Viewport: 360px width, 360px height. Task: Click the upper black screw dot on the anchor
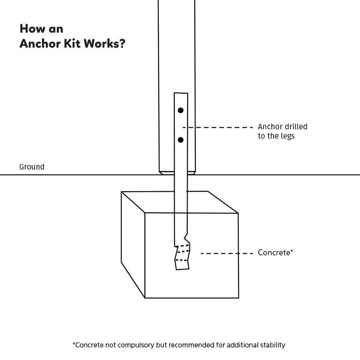pos(180,110)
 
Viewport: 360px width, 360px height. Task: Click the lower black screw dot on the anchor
pos(180,140)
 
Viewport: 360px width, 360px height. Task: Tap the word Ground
pos(31,167)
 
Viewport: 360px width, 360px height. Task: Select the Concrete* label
pos(275,253)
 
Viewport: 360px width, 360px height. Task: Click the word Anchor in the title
pos(38,45)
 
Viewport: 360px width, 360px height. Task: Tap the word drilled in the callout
pos(295,127)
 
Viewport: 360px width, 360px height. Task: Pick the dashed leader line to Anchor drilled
pos(220,127)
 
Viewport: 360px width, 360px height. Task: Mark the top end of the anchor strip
pos(180,94)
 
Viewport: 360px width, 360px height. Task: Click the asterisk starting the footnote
pos(74,344)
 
